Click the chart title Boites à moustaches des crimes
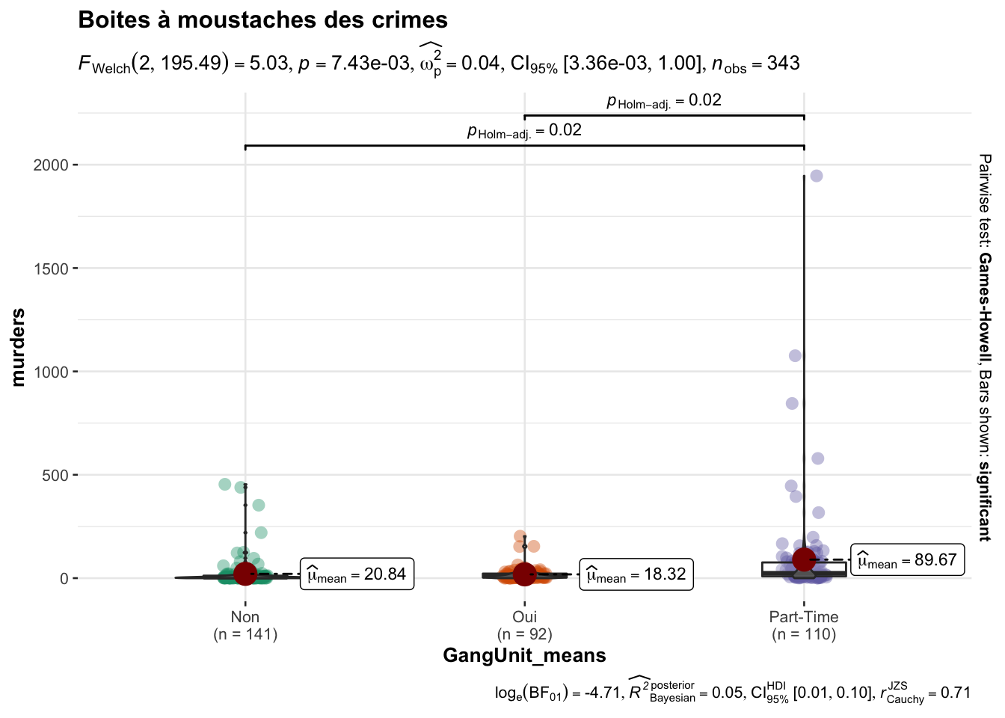(262, 20)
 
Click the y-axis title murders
(19, 347)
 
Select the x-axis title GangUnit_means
(524, 656)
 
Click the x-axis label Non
(245, 617)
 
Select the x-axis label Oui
(524, 617)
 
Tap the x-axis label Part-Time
(804, 617)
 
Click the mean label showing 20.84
(357, 574)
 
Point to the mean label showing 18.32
(636, 574)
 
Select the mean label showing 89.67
(908, 560)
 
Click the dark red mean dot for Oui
(524, 574)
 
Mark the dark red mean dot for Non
(245, 574)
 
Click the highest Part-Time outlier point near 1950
(817, 176)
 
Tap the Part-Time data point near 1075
(795, 355)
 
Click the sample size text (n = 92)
(524, 635)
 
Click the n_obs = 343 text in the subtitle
(756, 64)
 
